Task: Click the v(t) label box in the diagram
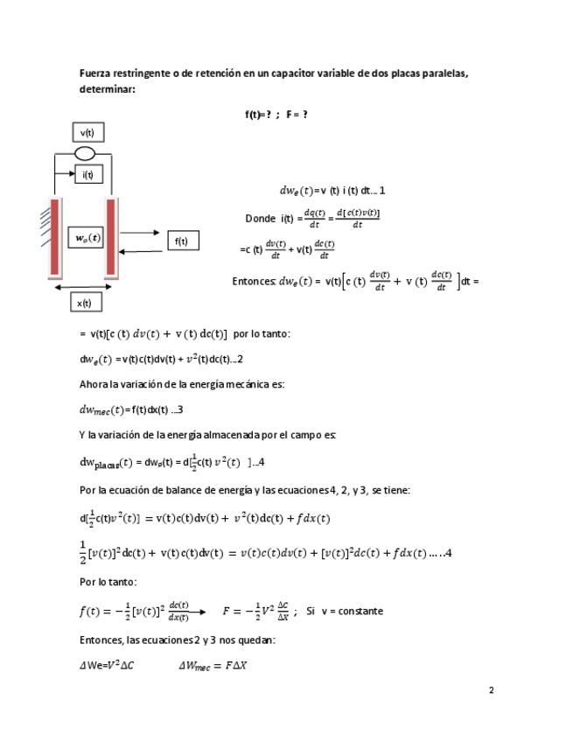(x=87, y=133)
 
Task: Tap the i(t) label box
(x=87, y=175)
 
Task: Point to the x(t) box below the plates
(x=85, y=303)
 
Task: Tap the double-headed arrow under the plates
(x=83, y=286)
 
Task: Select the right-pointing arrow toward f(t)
(x=143, y=234)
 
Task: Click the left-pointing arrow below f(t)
(x=143, y=252)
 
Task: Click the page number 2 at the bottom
(x=491, y=689)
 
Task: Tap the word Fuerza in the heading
(x=96, y=73)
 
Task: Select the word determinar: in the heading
(x=107, y=88)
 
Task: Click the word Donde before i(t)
(x=261, y=218)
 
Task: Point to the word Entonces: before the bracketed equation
(x=254, y=281)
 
